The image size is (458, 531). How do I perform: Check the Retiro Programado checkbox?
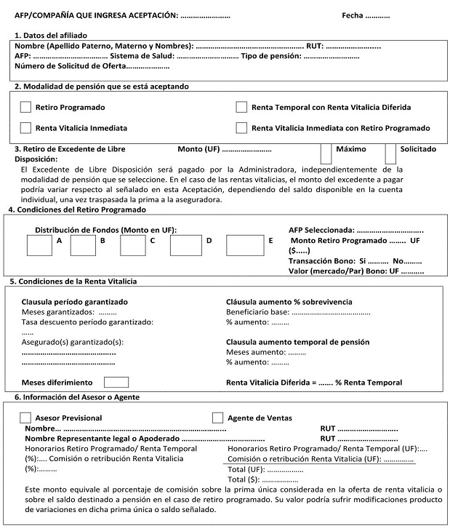point(25,108)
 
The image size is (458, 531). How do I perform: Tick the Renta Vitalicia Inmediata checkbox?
point(25,128)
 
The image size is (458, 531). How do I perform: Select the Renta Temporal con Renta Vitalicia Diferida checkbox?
point(241,108)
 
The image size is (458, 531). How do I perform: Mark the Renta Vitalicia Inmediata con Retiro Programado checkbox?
point(241,128)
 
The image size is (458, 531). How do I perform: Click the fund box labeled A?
point(39,245)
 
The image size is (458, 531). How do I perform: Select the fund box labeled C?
point(133,245)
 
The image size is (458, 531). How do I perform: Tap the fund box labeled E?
point(244,245)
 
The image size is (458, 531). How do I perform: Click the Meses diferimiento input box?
point(116,382)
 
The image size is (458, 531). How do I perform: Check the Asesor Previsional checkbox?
point(25,418)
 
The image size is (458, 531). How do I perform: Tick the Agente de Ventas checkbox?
point(217,418)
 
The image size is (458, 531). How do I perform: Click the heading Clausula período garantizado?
point(75,301)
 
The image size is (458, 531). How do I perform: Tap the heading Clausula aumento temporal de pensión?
point(298,342)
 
